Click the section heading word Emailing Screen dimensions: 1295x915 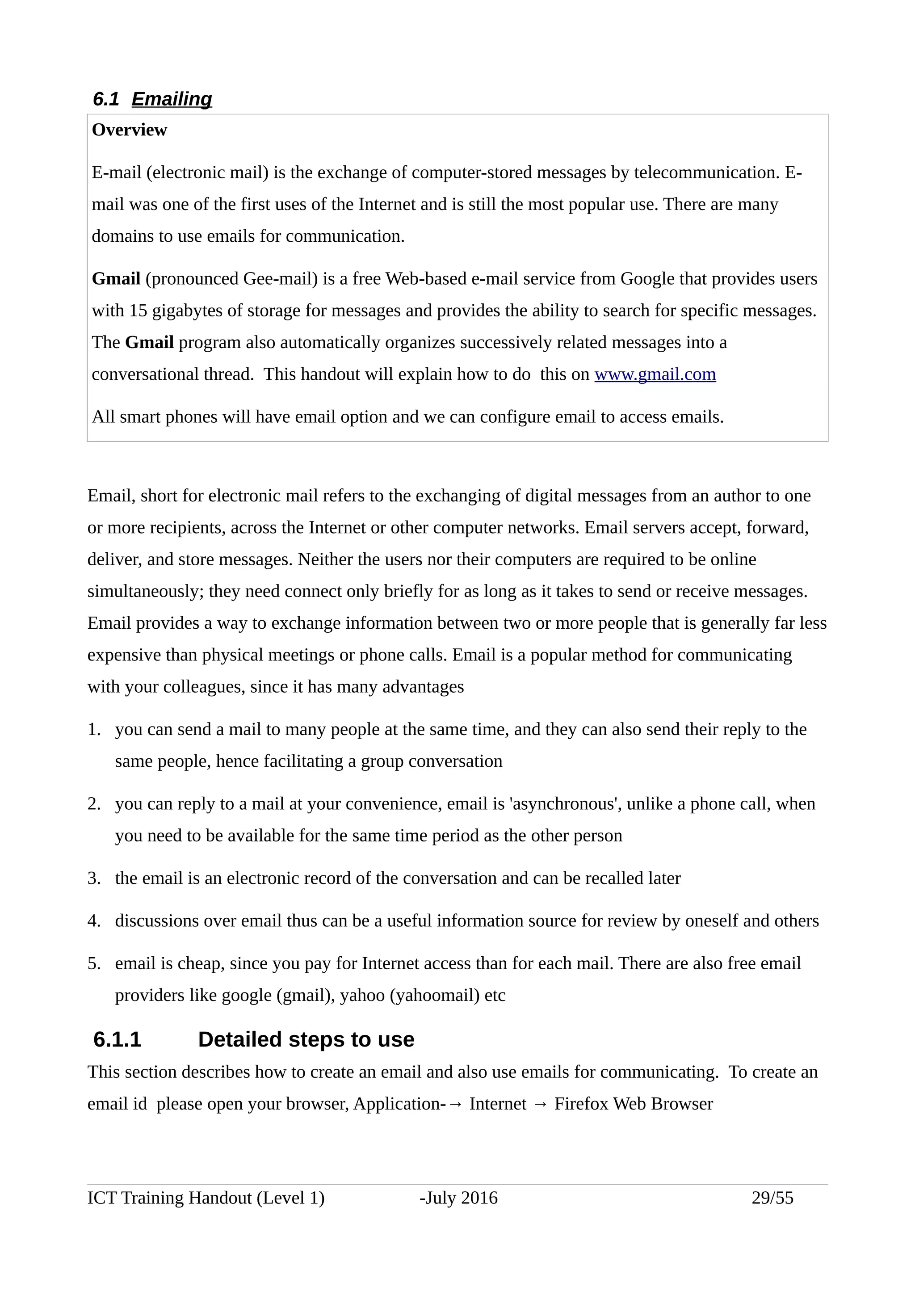pos(172,99)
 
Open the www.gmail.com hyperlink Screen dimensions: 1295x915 pos(655,374)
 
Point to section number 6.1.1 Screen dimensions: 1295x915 pos(117,1039)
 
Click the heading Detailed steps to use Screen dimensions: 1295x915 pos(306,1039)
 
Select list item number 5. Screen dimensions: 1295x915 pos(94,963)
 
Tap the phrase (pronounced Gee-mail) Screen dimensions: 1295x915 pos(232,279)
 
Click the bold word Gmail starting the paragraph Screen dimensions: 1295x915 pos(116,279)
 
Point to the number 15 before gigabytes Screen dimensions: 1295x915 pos(138,310)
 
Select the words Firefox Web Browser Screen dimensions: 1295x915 pos(633,1103)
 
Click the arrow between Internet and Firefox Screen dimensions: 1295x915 pos(540,1104)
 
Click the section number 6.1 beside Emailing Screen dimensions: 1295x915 pos(106,99)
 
